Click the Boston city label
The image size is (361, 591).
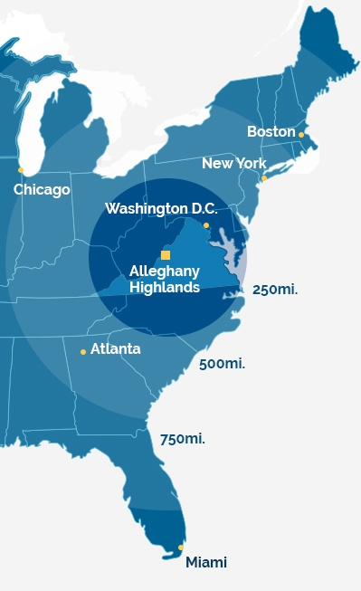[x=271, y=132]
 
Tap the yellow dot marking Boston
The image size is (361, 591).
[x=301, y=136]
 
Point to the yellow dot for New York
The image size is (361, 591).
[x=264, y=178]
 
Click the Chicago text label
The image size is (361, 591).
[x=42, y=190]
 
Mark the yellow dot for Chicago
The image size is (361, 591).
[x=21, y=170]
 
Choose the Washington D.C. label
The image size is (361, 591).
[x=161, y=209]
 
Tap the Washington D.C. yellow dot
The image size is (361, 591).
[x=206, y=225]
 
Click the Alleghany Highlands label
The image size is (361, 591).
[x=164, y=279]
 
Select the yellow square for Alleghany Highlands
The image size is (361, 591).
[x=166, y=255]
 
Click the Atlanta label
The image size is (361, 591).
[x=115, y=348]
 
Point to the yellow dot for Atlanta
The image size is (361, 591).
[x=83, y=352]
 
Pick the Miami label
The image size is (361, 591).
[x=206, y=563]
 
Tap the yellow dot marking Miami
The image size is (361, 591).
[x=181, y=548]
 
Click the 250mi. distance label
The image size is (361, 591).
[x=275, y=290]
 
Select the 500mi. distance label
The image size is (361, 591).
[x=222, y=364]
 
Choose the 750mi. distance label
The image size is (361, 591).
[x=182, y=439]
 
